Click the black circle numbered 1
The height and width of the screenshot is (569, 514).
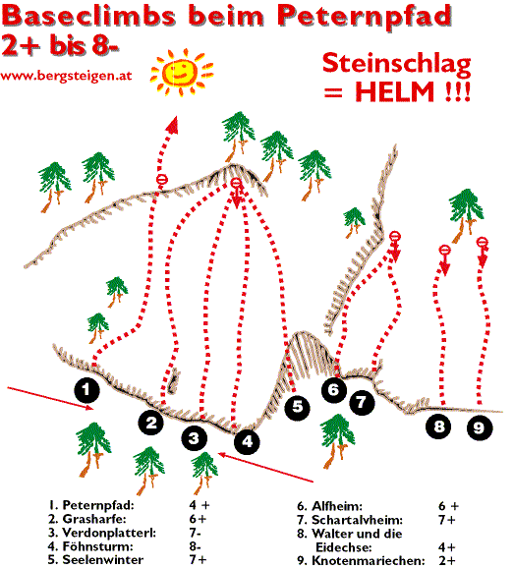[87, 390]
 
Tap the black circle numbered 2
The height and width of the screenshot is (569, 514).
[151, 423]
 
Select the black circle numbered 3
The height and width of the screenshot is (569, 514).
[195, 438]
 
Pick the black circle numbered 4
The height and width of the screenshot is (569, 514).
[248, 441]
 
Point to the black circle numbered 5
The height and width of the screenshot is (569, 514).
[297, 407]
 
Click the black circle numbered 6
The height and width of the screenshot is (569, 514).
[334, 390]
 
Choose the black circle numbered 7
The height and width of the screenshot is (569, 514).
[362, 403]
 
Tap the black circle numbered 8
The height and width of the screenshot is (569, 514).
[438, 427]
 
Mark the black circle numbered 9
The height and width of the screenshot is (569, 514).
[480, 427]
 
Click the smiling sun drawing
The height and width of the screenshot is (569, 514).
[182, 72]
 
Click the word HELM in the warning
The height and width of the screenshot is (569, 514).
[394, 91]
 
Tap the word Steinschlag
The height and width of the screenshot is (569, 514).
[397, 65]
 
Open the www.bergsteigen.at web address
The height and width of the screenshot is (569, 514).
[66, 77]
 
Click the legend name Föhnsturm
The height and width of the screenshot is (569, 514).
[98, 546]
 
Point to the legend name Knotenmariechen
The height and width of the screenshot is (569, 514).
[369, 561]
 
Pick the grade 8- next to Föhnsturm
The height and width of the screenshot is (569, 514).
[195, 546]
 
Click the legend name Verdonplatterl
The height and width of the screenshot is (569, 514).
[109, 533]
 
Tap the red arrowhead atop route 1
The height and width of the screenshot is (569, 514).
[173, 125]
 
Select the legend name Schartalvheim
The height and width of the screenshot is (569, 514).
[357, 520]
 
